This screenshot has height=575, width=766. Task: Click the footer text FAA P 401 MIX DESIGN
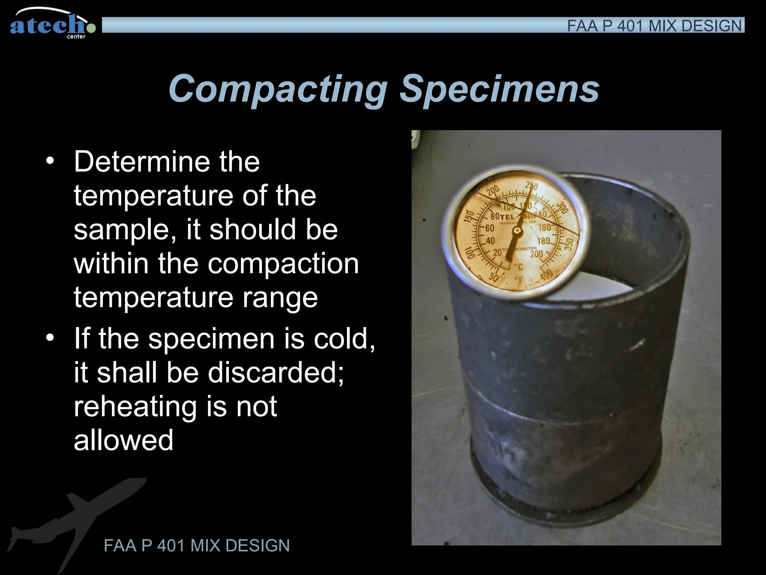coord(197,545)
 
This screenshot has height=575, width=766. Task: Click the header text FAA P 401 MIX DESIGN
coord(654,26)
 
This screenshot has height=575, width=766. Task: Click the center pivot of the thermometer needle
coord(517,232)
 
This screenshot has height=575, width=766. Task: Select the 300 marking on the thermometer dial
coord(562,207)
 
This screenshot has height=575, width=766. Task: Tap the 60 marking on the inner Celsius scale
coord(490,228)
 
